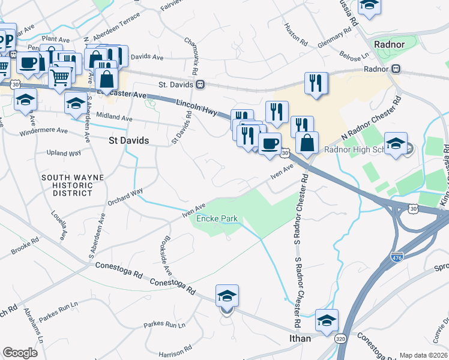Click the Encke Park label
click(x=217, y=218)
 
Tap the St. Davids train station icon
click(x=200, y=85)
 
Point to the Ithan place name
click(x=297, y=338)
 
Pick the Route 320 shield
click(x=340, y=338)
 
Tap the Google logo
click(x=20, y=352)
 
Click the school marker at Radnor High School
click(x=396, y=144)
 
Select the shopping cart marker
click(x=59, y=76)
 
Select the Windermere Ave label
click(x=46, y=130)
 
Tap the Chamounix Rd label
click(x=196, y=52)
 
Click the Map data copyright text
click(x=423, y=355)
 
